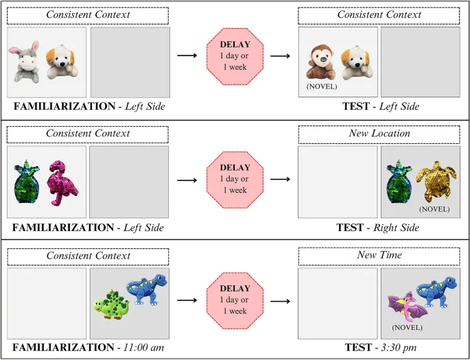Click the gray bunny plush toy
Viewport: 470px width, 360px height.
pos(25,64)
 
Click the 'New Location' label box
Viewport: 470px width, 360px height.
pos(379,133)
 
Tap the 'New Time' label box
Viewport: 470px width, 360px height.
pos(379,256)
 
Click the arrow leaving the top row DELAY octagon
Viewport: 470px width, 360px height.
pos(279,54)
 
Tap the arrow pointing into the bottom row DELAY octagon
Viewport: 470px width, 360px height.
pos(187,300)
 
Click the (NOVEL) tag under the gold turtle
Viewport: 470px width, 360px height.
pos(434,209)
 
